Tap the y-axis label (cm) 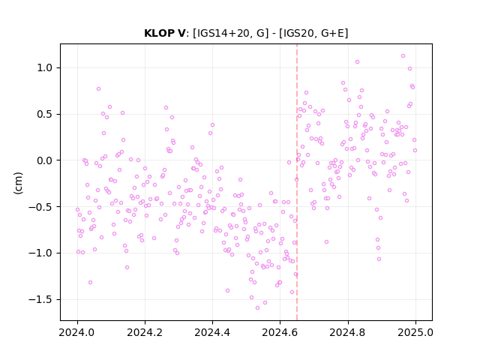pyautogui.click(x=18, y=183)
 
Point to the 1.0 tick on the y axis pyautogui.click(x=45, y=68)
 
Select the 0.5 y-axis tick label pyautogui.click(x=45, y=114)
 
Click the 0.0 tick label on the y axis pyautogui.click(x=45, y=160)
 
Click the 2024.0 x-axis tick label pyautogui.click(x=77, y=332)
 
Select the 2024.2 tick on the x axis pyautogui.click(x=145, y=332)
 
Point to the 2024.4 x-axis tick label pyautogui.click(x=212, y=332)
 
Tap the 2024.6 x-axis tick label pyautogui.click(x=280, y=332)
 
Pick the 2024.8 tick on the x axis pyautogui.click(x=347, y=332)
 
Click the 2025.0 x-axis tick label pyautogui.click(x=415, y=332)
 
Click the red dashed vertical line pyautogui.click(x=297, y=182)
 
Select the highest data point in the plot pyautogui.click(x=403, y=56)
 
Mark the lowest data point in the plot pyautogui.click(x=257, y=307)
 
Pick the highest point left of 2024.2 pyautogui.click(x=98, y=89)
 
